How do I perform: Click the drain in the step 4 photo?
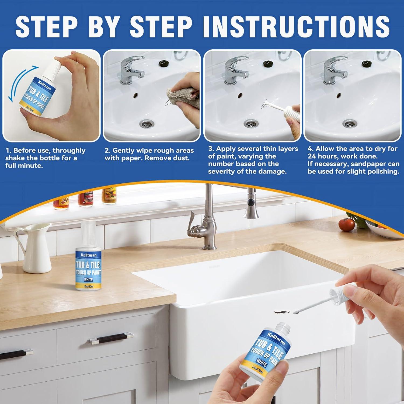pyautogui.click(x=350, y=124)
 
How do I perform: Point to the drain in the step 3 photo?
pyautogui.click(x=251, y=124)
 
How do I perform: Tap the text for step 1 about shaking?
pyautogui.click(x=45, y=158)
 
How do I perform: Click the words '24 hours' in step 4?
pyautogui.click(x=321, y=156)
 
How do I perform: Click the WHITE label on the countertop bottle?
pyautogui.click(x=88, y=280)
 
